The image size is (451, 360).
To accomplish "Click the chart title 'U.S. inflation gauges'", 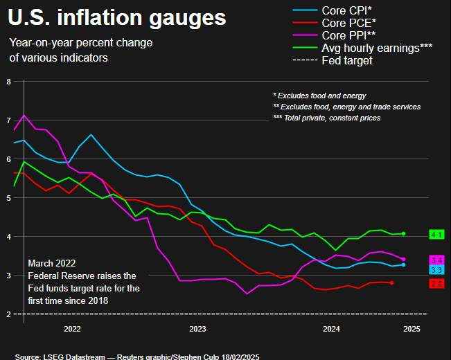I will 117,17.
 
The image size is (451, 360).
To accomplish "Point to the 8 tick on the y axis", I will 8,82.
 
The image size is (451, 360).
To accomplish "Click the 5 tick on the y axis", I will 8,198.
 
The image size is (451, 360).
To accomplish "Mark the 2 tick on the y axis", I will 8,314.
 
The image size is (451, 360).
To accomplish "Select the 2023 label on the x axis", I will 197,329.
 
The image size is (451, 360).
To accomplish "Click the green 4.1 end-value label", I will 436,235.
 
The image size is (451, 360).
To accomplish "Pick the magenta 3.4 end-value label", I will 436,260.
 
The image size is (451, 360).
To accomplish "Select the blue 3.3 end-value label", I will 436,269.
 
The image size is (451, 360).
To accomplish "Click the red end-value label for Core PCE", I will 436,284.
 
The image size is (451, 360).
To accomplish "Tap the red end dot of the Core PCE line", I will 392,282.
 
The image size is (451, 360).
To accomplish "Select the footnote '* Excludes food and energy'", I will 319,96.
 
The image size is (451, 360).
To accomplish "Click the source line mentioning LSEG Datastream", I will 136,356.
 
